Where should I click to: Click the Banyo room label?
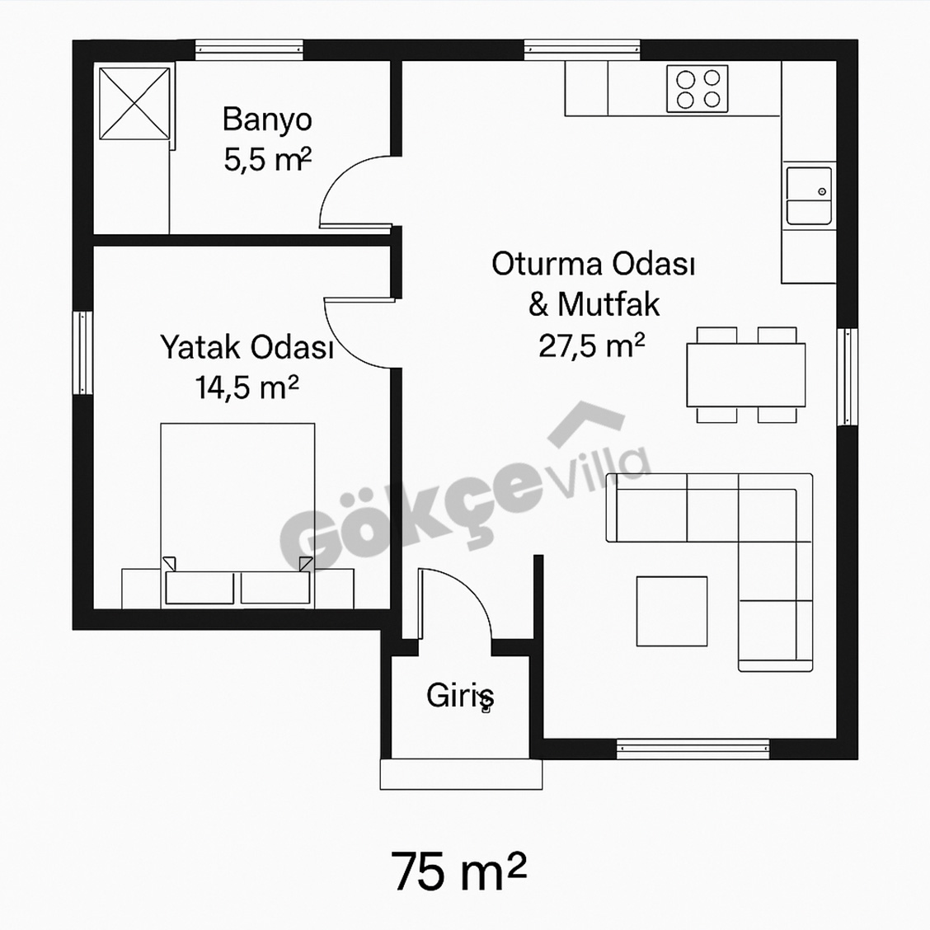coord(267,120)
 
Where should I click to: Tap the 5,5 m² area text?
coord(267,159)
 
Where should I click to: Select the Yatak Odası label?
coord(247,347)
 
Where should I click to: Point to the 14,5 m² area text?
coord(247,387)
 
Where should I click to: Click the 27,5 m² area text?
coord(591,345)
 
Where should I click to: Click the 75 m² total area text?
coord(458,871)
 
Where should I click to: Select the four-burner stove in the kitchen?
coord(697,88)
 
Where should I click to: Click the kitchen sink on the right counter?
coord(809,195)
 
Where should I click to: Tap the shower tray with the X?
coord(134,104)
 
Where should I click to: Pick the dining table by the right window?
coord(746,375)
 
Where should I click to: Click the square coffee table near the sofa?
coord(672,611)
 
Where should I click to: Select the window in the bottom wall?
coord(693,749)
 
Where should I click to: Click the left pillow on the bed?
coord(200,588)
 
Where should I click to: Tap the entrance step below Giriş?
coord(461,774)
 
